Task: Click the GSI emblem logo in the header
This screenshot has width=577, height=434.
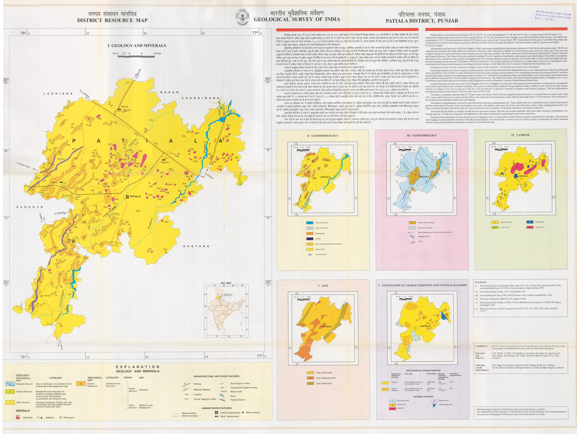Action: [x=242, y=17]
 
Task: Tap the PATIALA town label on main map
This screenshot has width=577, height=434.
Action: [x=135, y=197]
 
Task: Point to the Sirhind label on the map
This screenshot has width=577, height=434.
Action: [x=125, y=107]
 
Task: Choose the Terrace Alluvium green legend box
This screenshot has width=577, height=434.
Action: [x=10, y=392]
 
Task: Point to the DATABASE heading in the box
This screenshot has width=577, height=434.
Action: [x=481, y=282]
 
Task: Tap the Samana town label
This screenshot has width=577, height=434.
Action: [x=72, y=240]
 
